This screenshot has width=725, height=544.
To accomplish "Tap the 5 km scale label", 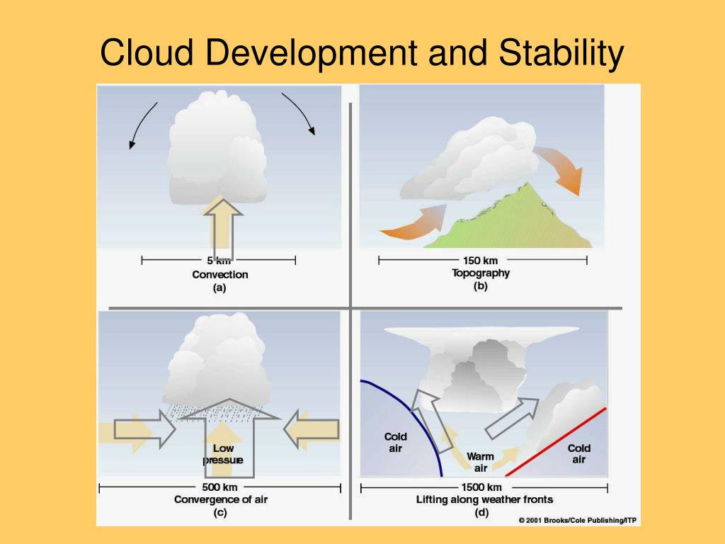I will (219, 261).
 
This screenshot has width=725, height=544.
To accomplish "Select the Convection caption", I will (220, 274).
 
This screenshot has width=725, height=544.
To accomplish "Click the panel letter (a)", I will (219, 288).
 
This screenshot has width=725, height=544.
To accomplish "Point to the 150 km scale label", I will (481, 260).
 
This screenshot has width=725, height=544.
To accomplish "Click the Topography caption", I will (481, 273).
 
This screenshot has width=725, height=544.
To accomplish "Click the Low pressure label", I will (223, 454).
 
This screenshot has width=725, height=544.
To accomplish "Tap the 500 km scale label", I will (220, 487).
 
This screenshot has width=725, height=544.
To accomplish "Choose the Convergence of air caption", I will (221, 499).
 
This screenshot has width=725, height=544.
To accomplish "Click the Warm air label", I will (481, 462).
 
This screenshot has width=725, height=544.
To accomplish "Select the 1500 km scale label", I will (481, 487).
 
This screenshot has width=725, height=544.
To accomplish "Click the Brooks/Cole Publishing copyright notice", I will (577, 521).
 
